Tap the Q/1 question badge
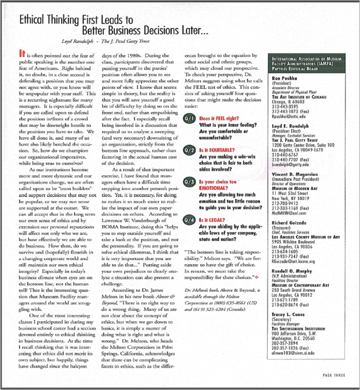[x=189, y=119]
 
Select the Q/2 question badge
[x=189, y=150]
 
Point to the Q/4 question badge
[x=189, y=220]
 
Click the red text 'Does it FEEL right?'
[x=218, y=119]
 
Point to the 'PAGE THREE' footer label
[x=334, y=375]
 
